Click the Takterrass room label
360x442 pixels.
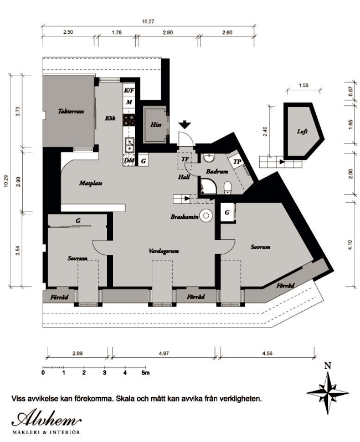click(71, 111)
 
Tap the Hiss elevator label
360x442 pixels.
click(156, 124)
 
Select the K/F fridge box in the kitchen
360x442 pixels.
click(129, 90)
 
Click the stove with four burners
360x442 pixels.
click(129, 120)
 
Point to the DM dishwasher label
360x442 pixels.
click(129, 161)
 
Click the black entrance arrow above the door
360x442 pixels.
click(185, 124)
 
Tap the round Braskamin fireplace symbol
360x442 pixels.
click(207, 215)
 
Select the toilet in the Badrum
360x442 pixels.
click(228, 188)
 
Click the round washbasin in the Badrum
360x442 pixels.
click(209, 158)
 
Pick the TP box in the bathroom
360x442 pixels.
click(238, 162)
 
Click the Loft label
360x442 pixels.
click(302, 131)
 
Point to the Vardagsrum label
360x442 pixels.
click(164, 251)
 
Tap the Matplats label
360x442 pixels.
click(90, 183)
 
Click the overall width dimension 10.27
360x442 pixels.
click(148, 22)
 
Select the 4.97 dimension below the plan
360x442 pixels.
click(164, 353)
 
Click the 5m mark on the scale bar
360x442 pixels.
click(146, 373)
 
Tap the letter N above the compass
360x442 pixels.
click(327, 366)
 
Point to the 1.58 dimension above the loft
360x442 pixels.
click(304, 85)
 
